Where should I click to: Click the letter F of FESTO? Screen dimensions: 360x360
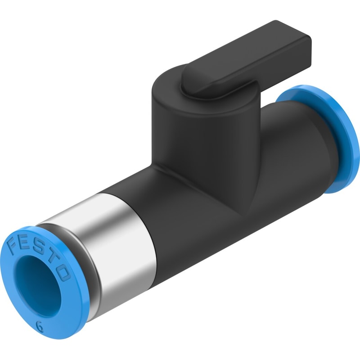click(14, 245)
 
